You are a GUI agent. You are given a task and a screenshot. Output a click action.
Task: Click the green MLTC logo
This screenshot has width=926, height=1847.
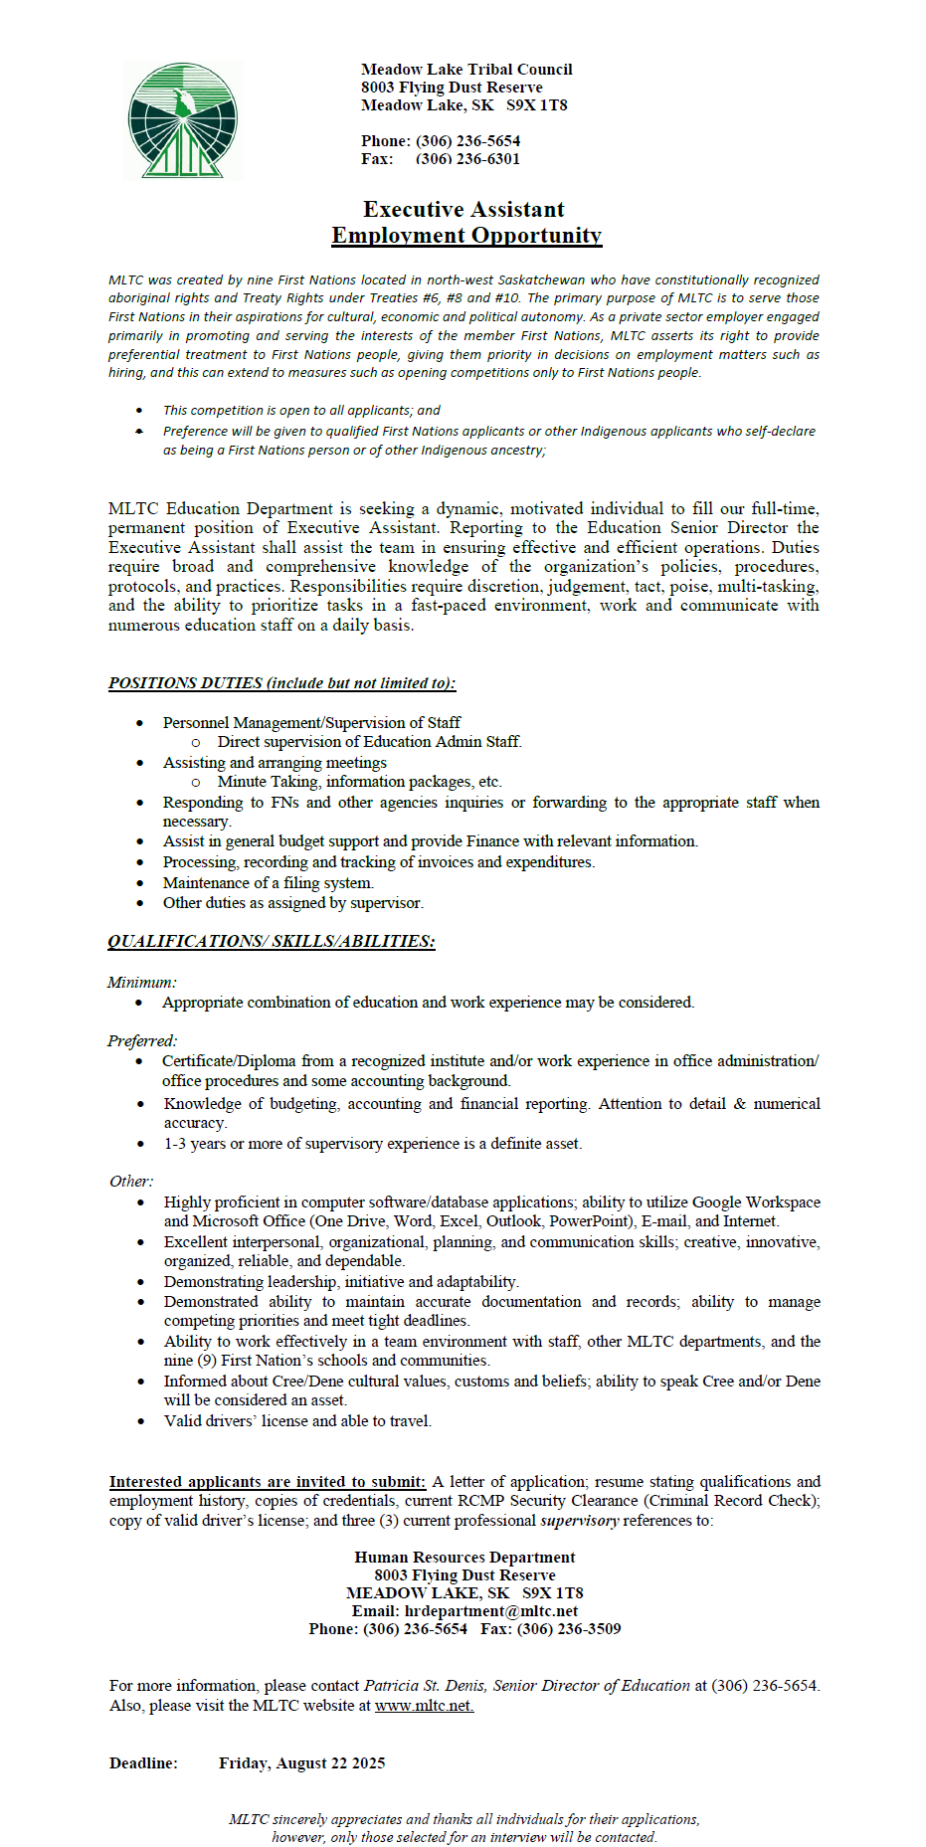coord(183,120)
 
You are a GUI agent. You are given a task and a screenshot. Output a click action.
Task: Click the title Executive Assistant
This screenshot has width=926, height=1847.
coord(463,209)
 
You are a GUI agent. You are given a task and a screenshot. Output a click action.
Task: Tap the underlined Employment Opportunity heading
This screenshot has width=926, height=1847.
coord(466,236)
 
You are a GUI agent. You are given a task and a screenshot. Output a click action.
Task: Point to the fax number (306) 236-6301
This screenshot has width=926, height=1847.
coord(467,159)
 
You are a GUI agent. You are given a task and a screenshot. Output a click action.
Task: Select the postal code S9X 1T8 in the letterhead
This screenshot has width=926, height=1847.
coord(537,105)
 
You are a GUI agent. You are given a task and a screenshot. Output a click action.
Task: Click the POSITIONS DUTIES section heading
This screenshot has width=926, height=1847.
coord(281,683)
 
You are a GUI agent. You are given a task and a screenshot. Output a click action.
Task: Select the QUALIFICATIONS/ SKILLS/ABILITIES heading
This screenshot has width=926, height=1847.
coord(271,941)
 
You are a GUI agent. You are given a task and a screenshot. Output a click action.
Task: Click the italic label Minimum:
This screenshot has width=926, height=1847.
coord(141,982)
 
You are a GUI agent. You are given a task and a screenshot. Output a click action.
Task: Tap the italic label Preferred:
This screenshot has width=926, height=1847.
coord(142,1040)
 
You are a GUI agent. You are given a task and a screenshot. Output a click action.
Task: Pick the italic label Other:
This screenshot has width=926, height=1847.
coord(131,1182)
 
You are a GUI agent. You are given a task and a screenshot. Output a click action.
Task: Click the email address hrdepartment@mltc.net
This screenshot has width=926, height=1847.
coord(491,1610)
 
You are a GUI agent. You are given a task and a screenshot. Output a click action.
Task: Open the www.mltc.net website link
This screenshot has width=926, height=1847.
coord(424,1705)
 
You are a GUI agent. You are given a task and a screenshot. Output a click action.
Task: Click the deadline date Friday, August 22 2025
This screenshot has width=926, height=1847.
coord(301,1762)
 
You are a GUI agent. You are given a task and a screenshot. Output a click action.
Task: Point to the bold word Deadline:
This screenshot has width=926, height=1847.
coord(143,1762)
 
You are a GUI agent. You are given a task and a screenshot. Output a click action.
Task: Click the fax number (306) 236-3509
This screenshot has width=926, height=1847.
coord(569,1628)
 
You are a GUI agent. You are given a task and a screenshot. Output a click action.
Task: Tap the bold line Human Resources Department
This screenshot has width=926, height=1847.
coord(464,1557)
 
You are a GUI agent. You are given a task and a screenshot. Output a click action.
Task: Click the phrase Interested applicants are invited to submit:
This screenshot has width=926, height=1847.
coord(267,1481)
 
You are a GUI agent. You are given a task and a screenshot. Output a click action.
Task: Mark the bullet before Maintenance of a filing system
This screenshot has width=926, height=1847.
coord(140,883)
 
